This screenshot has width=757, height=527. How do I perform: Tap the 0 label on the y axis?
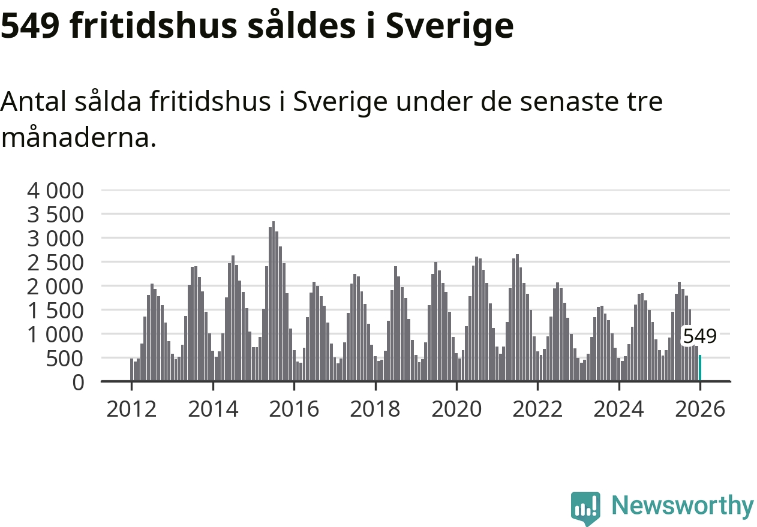tap(78, 382)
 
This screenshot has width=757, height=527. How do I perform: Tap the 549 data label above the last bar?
tap(700, 336)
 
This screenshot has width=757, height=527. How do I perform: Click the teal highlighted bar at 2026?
tap(700, 368)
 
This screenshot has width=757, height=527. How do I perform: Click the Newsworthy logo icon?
tap(585, 508)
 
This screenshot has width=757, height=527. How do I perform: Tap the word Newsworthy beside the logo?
tap(683, 506)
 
